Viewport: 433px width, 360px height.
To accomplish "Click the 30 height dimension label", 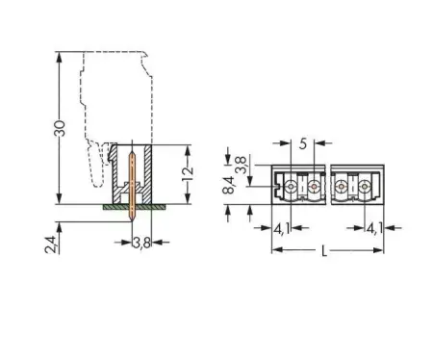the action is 60,128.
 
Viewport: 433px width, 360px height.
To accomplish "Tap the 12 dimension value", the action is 188,174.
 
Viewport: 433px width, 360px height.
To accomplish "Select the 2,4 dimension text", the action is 50,244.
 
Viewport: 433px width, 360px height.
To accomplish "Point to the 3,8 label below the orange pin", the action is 141,243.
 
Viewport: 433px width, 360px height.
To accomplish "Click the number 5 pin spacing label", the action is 303,143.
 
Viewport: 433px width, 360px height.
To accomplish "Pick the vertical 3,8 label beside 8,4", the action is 241,165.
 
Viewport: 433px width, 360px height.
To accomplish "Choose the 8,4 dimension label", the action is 229,185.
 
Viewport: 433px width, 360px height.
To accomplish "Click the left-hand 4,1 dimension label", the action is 282,228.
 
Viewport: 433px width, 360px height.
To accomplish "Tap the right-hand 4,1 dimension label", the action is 374,228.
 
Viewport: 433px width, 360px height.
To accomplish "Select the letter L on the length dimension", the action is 324,251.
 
